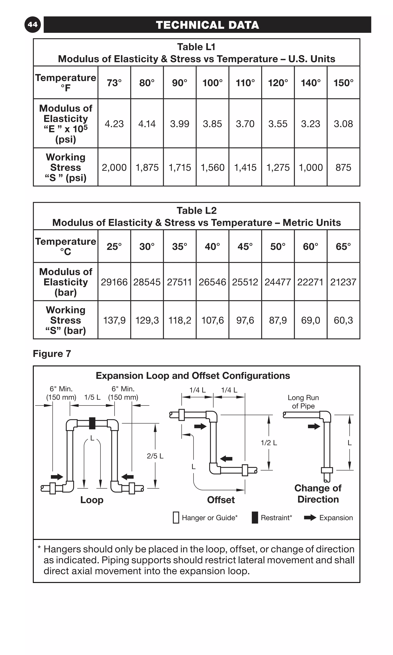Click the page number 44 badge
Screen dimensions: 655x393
(x=33, y=25)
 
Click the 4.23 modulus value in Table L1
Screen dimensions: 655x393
(x=114, y=124)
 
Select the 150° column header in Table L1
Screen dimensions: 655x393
(x=343, y=83)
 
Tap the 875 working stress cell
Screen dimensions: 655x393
(x=343, y=167)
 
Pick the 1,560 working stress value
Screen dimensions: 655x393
(x=212, y=167)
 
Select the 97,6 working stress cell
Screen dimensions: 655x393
(x=245, y=320)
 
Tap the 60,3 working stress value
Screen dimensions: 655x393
(x=343, y=320)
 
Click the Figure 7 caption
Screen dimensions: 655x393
(x=52, y=354)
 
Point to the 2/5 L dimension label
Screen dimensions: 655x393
(x=155, y=456)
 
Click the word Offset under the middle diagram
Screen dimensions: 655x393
(x=221, y=500)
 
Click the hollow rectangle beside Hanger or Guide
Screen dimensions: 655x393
(x=176, y=518)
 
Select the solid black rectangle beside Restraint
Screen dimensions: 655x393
(x=255, y=518)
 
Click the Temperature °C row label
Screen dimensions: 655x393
(x=66, y=246)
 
